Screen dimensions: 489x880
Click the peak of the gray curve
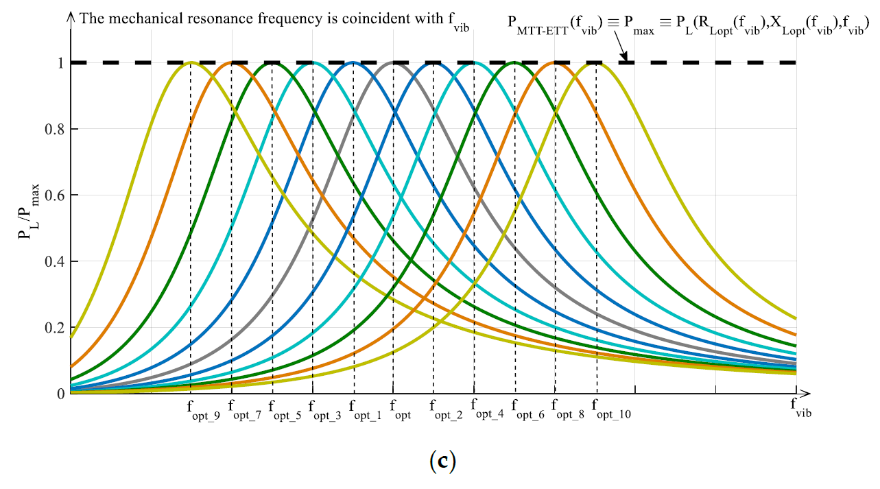tap(393, 62)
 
